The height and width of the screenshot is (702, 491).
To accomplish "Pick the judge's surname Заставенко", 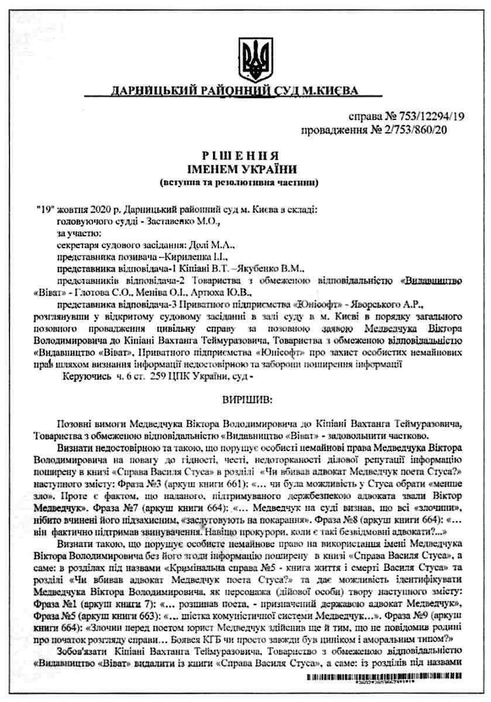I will (163, 221).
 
